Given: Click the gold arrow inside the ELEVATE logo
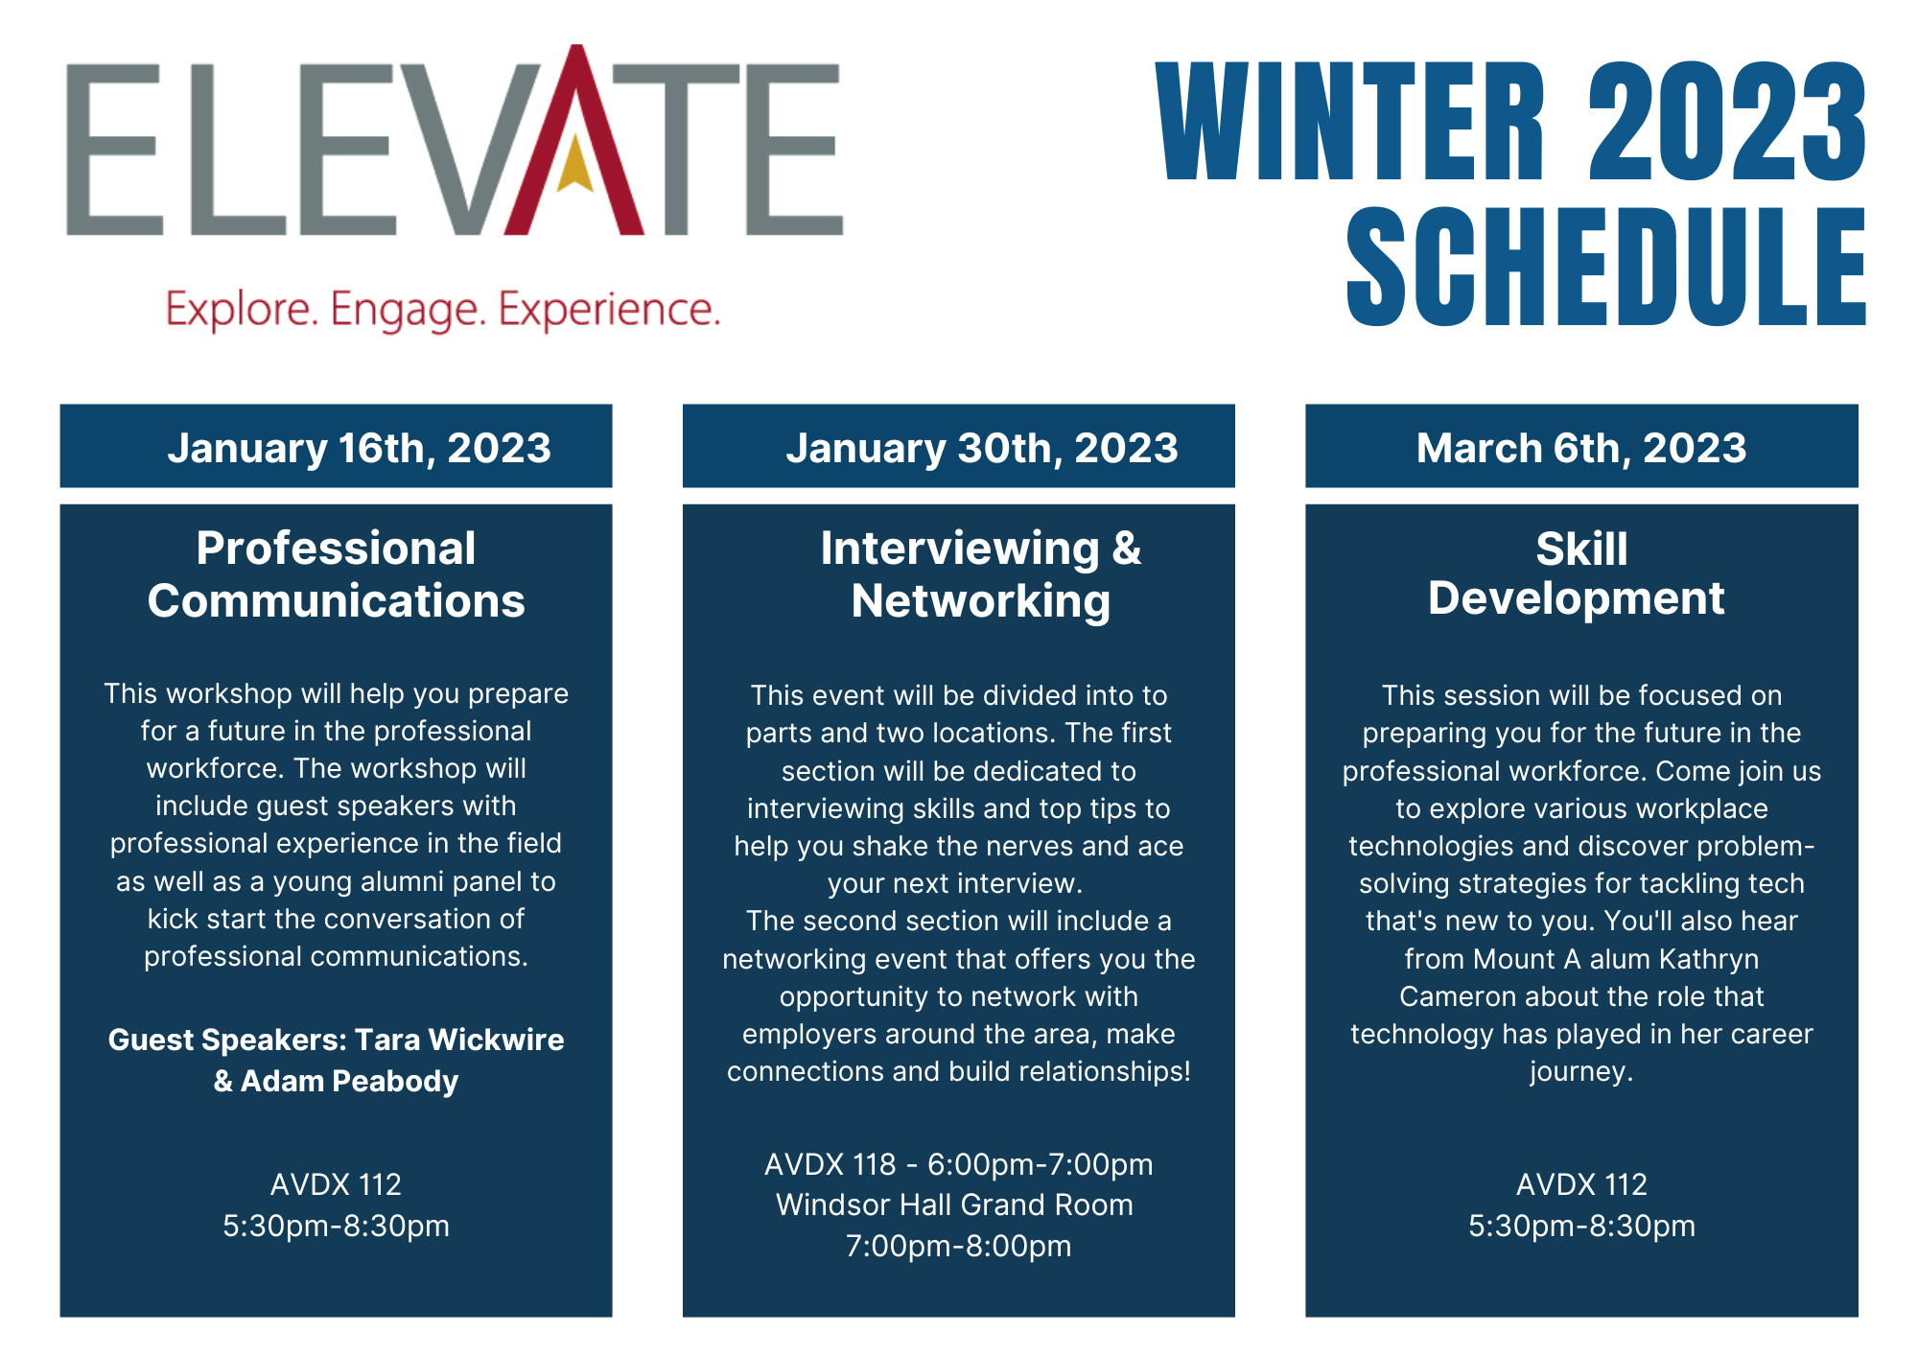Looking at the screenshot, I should point(574,165).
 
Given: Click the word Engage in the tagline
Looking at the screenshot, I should point(408,311).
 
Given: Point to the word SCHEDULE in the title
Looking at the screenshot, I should point(1605,268).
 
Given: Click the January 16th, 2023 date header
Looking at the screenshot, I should point(359,448).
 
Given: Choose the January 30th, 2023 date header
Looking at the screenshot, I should point(981,448).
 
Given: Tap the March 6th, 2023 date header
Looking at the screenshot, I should point(1580,448).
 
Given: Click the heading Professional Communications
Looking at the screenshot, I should point(336,574).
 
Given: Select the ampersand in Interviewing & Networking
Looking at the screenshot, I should point(1126,549).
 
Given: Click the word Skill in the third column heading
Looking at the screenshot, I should point(1580,549).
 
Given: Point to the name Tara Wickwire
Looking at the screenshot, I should point(458,1040).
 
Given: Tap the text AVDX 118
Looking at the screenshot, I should point(830,1164).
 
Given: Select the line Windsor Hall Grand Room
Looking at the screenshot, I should point(954,1205).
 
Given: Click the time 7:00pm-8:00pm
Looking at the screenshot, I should point(958,1246).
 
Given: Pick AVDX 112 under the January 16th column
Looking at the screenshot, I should point(336,1184).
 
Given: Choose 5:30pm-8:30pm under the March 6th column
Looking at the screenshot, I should point(1581,1226).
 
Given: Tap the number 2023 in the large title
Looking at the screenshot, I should point(1726,122).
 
